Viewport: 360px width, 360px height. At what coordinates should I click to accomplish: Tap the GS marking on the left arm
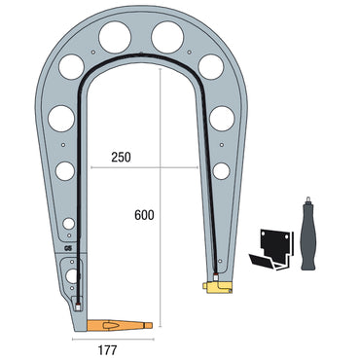[x=67, y=248]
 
